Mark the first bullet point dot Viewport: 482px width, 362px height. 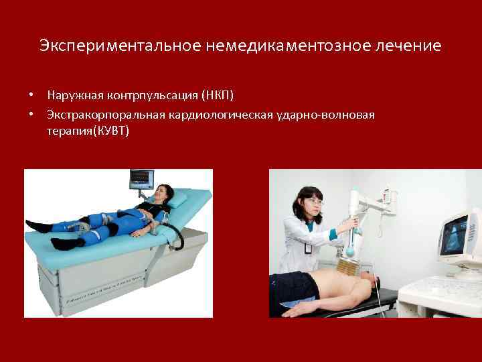(x=31, y=92)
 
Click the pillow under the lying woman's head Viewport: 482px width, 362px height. (x=177, y=199)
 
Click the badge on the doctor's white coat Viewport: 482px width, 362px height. (x=307, y=247)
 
